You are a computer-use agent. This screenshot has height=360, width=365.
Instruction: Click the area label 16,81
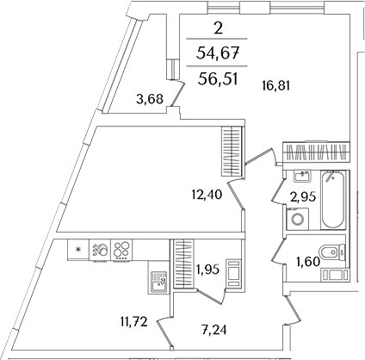(x=275, y=86)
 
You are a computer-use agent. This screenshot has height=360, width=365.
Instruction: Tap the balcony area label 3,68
(x=150, y=99)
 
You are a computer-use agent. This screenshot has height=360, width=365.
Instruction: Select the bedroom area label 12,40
(x=207, y=196)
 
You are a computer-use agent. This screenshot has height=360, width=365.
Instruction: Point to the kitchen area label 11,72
(x=133, y=322)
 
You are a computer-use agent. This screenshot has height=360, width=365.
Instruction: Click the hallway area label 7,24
(x=213, y=330)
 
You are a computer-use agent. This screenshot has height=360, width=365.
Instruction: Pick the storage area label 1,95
(x=207, y=270)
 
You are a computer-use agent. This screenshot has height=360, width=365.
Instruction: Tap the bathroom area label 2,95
(x=303, y=197)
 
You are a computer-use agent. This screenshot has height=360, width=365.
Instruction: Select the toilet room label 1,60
(x=308, y=262)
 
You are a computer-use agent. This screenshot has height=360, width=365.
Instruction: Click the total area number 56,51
(x=218, y=78)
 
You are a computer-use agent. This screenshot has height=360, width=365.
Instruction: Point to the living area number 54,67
(x=218, y=53)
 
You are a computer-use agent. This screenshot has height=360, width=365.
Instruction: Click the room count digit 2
(x=219, y=28)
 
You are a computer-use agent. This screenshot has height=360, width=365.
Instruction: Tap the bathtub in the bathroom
(x=332, y=200)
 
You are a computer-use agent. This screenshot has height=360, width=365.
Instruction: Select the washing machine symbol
(x=297, y=219)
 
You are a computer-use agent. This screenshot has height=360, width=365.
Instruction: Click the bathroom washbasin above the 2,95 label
(x=302, y=176)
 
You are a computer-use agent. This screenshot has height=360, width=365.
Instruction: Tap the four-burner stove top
(x=121, y=250)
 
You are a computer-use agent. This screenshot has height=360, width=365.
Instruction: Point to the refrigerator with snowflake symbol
(x=78, y=250)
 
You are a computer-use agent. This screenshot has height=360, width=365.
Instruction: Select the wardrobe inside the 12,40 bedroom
(x=232, y=151)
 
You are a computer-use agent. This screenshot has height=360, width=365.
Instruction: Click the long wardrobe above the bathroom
(x=316, y=152)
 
